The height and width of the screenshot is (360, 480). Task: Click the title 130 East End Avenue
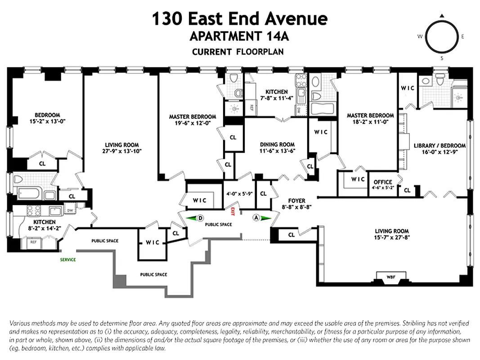click(239, 19)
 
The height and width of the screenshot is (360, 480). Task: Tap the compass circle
click(441, 37)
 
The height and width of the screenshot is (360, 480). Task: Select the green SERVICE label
click(68, 260)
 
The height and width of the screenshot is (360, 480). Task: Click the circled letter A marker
click(256, 218)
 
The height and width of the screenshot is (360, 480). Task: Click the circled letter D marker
click(200, 218)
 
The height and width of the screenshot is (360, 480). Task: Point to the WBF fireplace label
click(391, 276)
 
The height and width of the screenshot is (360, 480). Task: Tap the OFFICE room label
click(382, 182)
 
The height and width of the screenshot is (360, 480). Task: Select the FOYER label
click(296, 201)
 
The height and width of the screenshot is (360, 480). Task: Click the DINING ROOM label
click(277, 144)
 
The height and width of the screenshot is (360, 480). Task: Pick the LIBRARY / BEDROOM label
click(440, 146)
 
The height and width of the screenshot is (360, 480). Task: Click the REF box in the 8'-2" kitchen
click(33, 242)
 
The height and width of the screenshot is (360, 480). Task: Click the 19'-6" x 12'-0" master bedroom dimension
click(192, 123)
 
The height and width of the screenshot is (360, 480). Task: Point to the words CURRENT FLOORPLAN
click(238, 52)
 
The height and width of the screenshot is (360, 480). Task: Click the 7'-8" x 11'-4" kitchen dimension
click(276, 98)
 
